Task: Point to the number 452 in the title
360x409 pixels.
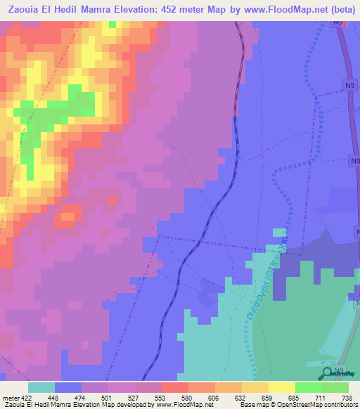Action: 175,10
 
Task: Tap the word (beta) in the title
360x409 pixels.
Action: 338,10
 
